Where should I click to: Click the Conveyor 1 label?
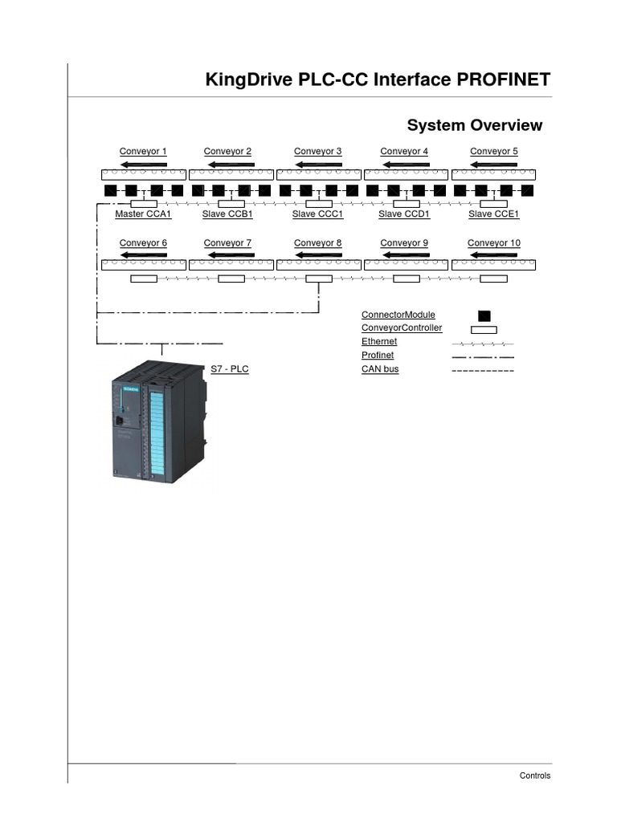143,151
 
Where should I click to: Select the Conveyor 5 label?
493,151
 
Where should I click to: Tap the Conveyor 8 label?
317,242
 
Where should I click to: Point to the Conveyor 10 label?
493,242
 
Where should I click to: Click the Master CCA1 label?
143,214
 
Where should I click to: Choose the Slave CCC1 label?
317,214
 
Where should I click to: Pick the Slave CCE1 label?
493,214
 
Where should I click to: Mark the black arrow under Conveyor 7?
231,256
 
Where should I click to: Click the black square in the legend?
484,315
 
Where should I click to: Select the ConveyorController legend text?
402,328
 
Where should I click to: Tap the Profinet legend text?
378,355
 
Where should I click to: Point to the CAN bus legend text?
380,369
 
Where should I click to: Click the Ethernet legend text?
379,341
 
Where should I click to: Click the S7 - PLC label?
230,368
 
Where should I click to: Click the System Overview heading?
474,125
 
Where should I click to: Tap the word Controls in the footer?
535,775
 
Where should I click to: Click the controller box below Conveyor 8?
319,279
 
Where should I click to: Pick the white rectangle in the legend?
483,329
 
